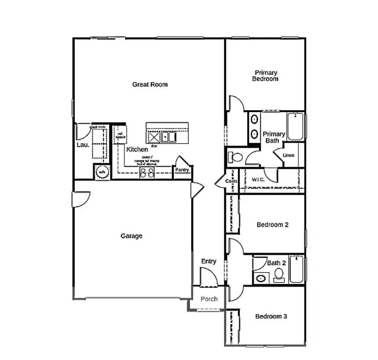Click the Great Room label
[150, 85]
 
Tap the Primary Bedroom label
[266, 76]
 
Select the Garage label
[132, 236]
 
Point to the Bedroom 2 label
[273, 225]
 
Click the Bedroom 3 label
[271, 317]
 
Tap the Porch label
[209, 299]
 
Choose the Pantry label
[182, 170]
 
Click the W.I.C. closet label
[259, 180]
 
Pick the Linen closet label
[288, 155]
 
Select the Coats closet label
[231, 181]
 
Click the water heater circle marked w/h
[101, 172]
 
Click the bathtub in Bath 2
[296, 269]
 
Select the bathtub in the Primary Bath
[295, 126]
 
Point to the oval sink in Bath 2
[260, 279]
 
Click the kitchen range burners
[147, 173]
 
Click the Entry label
[209, 261]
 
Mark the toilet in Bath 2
[279, 275]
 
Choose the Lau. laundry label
[83, 145]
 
